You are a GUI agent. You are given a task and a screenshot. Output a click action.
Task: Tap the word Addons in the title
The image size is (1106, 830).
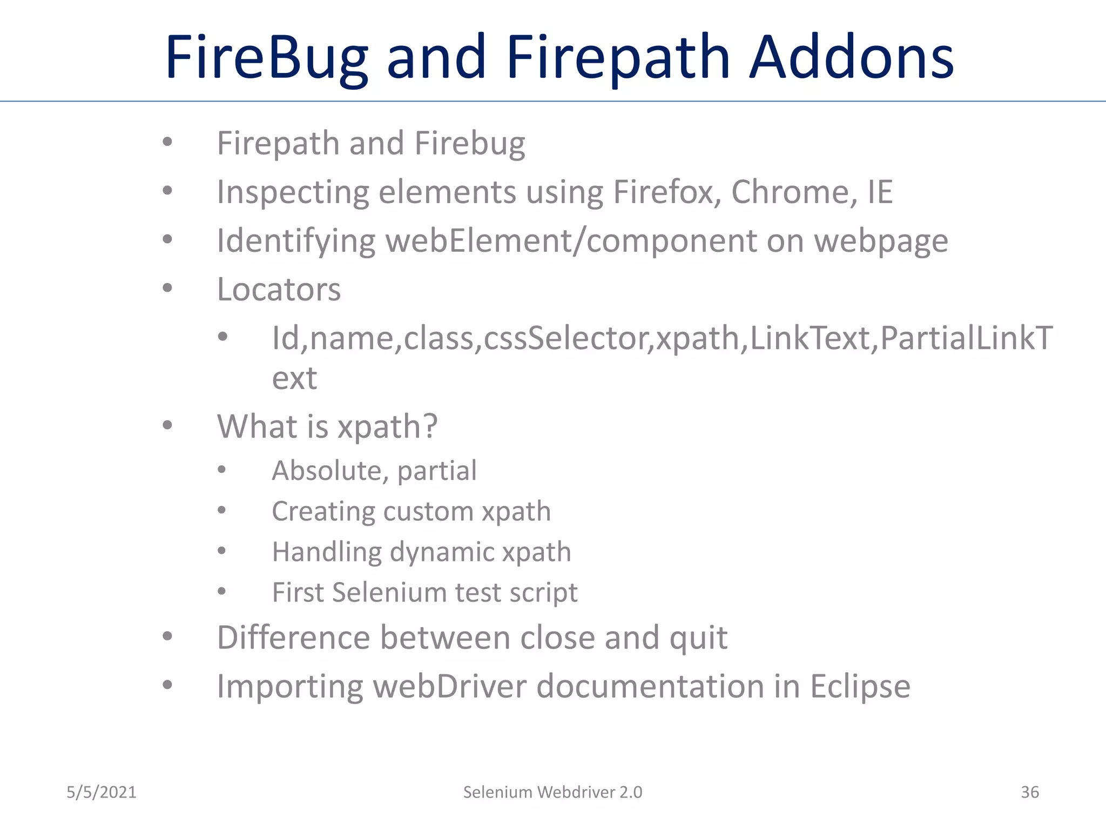pos(852,57)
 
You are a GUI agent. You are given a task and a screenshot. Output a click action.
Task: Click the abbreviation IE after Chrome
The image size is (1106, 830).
pos(880,192)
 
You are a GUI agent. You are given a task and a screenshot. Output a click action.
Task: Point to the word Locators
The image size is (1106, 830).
pos(279,290)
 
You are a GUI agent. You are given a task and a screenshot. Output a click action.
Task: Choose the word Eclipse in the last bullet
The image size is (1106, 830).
pos(860,687)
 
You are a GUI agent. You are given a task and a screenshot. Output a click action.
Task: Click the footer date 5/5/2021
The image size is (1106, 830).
pos(102,792)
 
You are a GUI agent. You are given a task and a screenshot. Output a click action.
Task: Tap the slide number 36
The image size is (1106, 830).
pos(1029,792)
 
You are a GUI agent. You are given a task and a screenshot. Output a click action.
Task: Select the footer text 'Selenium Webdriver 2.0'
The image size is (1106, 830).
pos(552,792)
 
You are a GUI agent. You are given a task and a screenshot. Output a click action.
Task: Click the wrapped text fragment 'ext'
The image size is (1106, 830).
pos(294,378)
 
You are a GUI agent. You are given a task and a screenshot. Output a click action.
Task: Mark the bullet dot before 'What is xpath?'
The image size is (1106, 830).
pos(167,425)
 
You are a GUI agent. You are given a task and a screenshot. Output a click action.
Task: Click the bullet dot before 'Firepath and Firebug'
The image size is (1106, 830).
pos(167,142)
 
